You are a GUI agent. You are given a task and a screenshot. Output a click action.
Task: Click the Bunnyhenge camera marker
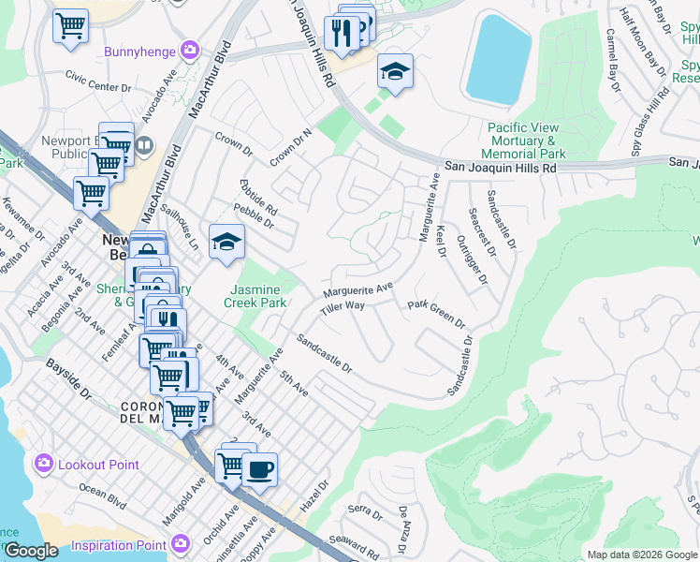191,51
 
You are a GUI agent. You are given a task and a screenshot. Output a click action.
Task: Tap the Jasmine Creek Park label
255,296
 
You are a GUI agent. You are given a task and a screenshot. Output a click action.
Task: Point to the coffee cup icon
259,468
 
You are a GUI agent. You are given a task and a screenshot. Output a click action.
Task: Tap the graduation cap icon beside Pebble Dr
226,243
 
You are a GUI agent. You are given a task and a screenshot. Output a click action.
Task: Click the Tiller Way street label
342,307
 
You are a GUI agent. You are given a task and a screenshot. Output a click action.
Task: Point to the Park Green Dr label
436,314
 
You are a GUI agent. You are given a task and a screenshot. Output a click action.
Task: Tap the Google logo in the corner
31,551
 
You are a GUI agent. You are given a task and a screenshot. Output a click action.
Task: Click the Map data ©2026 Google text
641,555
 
